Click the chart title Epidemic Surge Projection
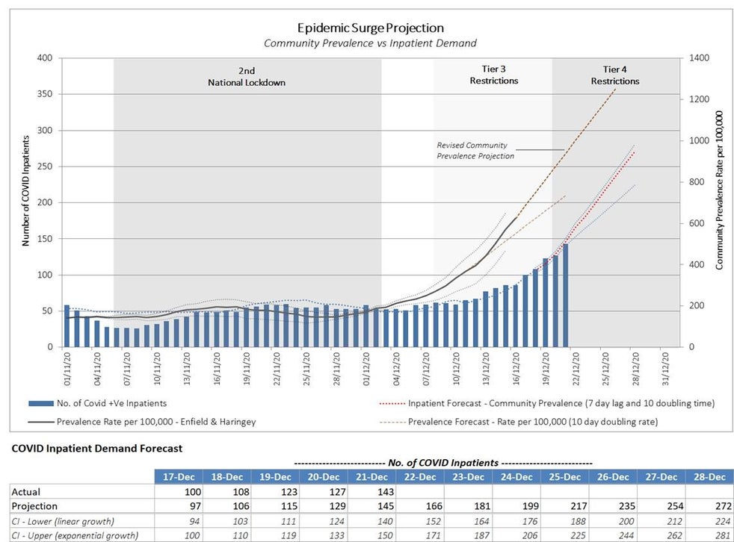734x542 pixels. click(x=370, y=28)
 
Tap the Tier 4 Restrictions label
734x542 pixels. click(x=615, y=75)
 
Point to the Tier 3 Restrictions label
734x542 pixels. click(x=493, y=75)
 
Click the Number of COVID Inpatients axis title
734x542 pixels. click(x=25, y=190)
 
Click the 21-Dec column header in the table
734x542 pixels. click(x=371, y=477)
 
